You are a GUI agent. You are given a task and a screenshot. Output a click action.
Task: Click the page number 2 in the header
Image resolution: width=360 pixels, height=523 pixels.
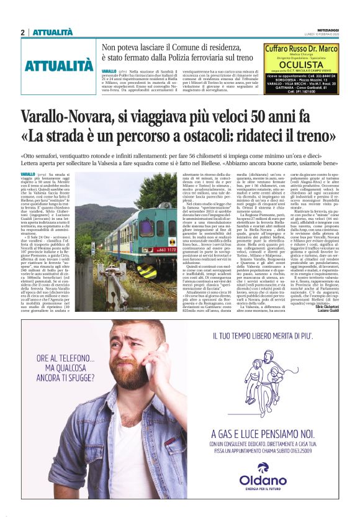pos(22,32)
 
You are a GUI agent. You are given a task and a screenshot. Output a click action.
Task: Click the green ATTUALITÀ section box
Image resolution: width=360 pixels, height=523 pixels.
pos(59,66)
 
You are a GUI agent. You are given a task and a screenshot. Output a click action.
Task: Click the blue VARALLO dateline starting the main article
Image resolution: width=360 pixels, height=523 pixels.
pos(27,174)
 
